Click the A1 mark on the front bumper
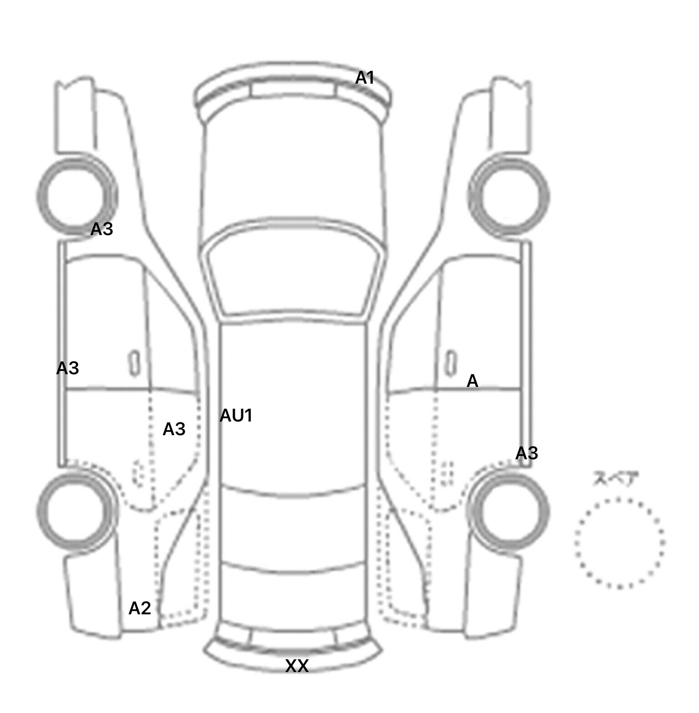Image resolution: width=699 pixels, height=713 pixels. tap(365, 78)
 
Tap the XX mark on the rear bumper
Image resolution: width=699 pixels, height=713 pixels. tap(297, 666)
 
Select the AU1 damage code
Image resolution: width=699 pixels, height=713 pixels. tap(236, 416)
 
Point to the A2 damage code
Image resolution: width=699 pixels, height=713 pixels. tap(139, 608)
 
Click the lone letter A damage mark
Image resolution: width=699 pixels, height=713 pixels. tap(472, 381)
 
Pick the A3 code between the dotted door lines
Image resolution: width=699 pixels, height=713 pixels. tap(174, 429)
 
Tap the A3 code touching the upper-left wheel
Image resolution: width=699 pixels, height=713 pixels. tap(101, 229)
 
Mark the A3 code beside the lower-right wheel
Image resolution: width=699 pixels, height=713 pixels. tap(527, 453)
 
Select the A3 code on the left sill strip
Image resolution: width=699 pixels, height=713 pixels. tap(67, 368)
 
